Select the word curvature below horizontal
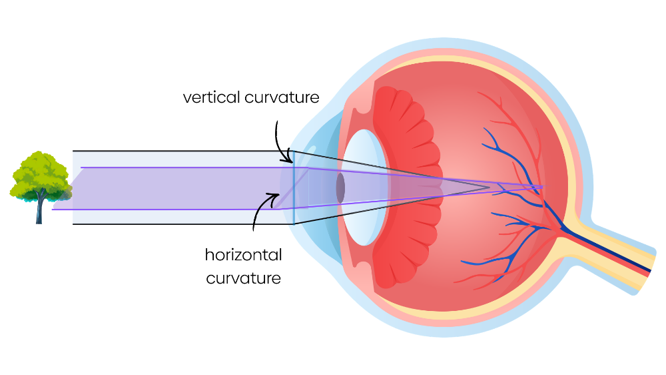244,278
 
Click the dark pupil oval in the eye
340,188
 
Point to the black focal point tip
490,187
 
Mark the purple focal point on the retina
543,187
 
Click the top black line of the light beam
180,151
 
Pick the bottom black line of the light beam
180,224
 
